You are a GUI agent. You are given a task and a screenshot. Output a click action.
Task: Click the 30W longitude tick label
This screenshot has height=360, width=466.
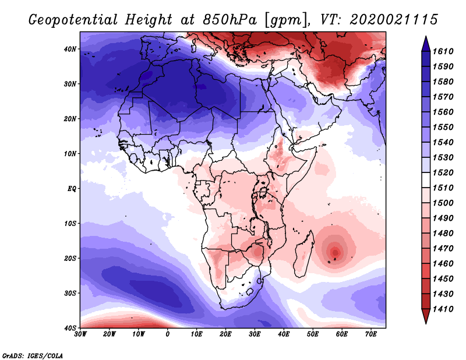point(80,334)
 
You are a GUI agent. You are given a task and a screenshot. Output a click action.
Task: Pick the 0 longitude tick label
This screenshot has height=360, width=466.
point(168,334)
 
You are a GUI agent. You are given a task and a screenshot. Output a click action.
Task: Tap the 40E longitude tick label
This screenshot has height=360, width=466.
point(284,334)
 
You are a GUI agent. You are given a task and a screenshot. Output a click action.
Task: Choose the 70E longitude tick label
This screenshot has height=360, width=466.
point(371,334)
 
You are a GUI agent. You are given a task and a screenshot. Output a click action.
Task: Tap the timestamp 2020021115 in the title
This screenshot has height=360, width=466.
point(394,19)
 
